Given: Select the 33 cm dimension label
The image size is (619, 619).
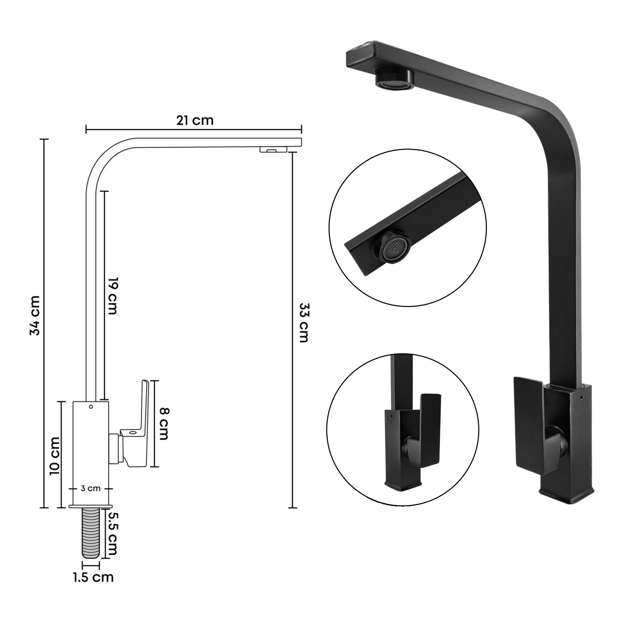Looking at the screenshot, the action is pyautogui.click(x=303, y=323).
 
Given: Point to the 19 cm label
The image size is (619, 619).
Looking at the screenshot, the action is pyautogui.click(x=113, y=296).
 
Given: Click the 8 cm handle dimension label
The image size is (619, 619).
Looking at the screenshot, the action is pyautogui.click(x=164, y=424).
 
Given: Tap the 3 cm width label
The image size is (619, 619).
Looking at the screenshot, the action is pyautogui.click(x=91, y=489).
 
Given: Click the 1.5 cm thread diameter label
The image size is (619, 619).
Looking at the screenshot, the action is pyautogui.click(x=93, y=577).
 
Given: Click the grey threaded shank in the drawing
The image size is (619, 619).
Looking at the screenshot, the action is pyautogui.click(x=91, y=533).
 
